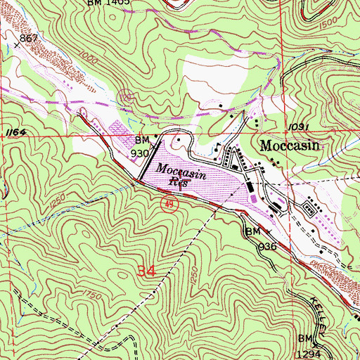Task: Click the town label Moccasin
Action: pos(290,147)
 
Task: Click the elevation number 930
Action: pos(140,152)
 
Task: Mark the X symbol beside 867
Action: pos(16,45)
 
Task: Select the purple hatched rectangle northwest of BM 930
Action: pos(116,130)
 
